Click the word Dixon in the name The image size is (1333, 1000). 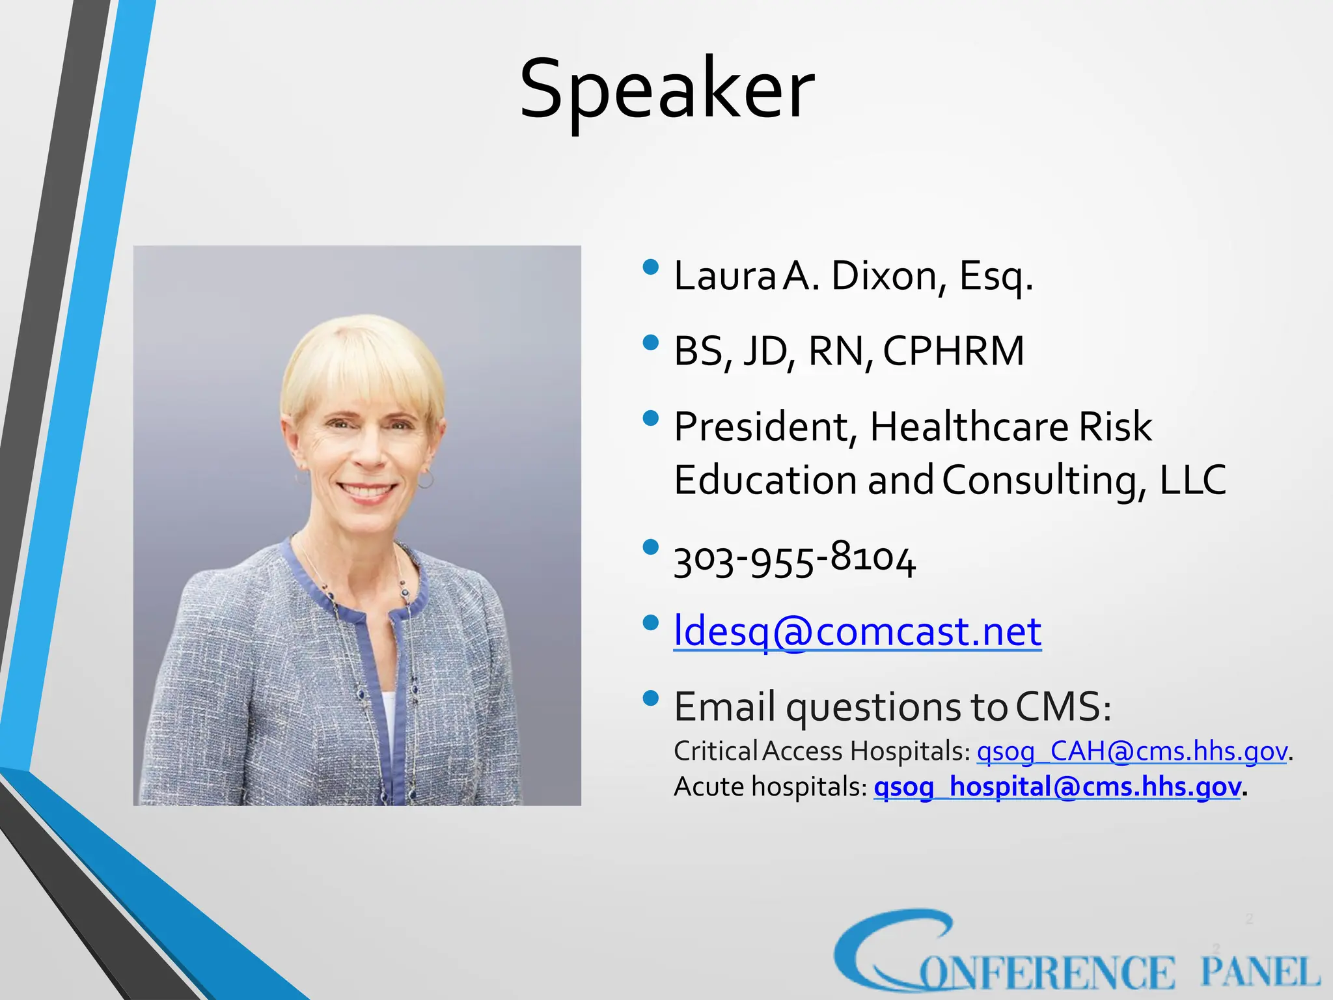[883, 276]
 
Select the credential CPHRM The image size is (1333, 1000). [954, 351]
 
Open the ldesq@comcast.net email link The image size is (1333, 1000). [857, 631]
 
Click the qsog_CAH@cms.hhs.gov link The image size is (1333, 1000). [1132, 751]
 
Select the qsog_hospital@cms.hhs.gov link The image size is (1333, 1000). [1056, 786]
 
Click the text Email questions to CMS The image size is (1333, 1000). [892, 707]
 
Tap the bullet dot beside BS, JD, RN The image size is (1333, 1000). [650, 342]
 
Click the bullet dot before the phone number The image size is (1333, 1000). [650, 547]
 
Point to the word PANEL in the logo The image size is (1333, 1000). [1260, 973]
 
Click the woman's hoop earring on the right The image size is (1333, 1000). [425, 480]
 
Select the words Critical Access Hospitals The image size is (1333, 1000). [822, 751]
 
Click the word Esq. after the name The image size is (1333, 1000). [996, 276]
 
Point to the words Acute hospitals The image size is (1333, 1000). [770, 786]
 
